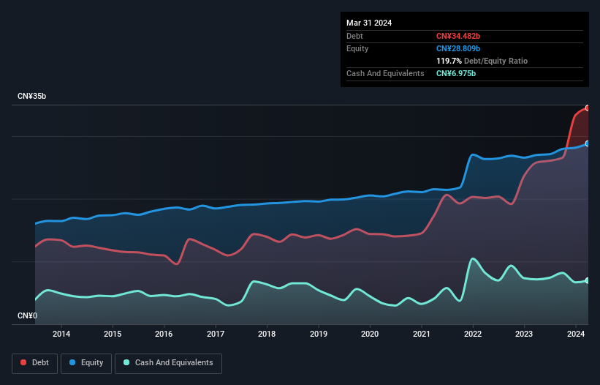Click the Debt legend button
click(34, 362)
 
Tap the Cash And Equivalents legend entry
click(168, 362)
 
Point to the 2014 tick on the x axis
click(61, 334)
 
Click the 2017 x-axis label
click(216, 334)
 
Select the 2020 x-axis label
click(370, 334)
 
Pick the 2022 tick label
click(473, 334)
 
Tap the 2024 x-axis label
click(576, 334)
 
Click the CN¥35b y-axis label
click(33, 97)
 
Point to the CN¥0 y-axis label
click(27, 316)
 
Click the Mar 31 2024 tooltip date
click(369, 23)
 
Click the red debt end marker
click(588, 108)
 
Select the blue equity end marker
click(588, 143)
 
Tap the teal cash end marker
click(588, 280)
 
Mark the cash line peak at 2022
click(474, 258)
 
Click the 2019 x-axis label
click(319, 334)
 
